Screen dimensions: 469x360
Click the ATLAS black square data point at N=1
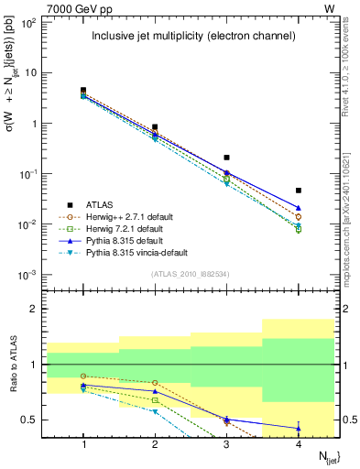(83, 91)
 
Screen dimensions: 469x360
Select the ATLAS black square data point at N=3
(226, 158)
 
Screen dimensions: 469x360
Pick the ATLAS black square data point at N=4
(299, 191)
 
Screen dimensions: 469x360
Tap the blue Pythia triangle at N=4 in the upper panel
(299, 208)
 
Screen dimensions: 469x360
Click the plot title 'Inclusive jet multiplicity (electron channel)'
(193, 37)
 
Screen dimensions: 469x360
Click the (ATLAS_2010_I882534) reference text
(190, 274)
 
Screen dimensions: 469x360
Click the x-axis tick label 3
(226, 443)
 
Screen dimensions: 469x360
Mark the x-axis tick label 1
(83, 443)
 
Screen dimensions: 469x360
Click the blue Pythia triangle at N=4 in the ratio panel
(299, 428)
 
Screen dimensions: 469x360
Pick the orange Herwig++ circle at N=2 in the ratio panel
(155, 383)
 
